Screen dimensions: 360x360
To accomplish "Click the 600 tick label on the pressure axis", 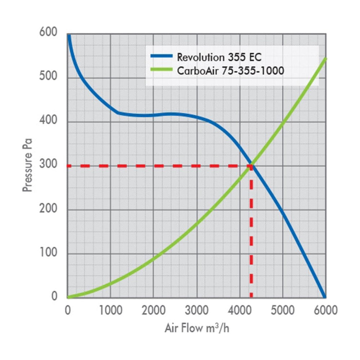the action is [48, 32].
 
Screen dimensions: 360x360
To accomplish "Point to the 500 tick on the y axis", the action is [48, 76].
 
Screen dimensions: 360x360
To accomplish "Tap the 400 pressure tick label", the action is [48, 120].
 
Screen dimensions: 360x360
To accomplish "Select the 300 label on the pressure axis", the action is [48, 164].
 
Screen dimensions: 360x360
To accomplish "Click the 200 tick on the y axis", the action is [48, 208].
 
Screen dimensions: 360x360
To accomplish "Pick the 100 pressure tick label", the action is [48, 252].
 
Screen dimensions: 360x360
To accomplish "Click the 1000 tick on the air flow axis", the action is [111, 310].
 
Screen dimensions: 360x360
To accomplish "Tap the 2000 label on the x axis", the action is [154, 310].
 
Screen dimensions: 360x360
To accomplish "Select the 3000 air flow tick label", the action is [197, 310].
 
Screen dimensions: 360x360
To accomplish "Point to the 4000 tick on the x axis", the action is [240, 310].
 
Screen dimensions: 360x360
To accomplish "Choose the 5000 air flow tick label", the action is [283, 310].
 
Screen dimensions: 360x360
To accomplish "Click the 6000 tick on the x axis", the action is [326, 310].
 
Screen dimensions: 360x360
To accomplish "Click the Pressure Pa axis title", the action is [27, 165].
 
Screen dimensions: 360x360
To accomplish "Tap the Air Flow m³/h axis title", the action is [197, 328].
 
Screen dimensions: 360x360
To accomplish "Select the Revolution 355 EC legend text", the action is [219, 57].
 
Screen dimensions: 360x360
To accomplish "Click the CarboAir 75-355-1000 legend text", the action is [230, 71].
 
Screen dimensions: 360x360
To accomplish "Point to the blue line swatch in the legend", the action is [161, 56].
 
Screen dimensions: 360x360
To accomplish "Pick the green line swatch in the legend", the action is [161, 69].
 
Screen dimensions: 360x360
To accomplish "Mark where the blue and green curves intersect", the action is [252, 165].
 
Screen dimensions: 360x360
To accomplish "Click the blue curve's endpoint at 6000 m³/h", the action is [324, 297].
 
